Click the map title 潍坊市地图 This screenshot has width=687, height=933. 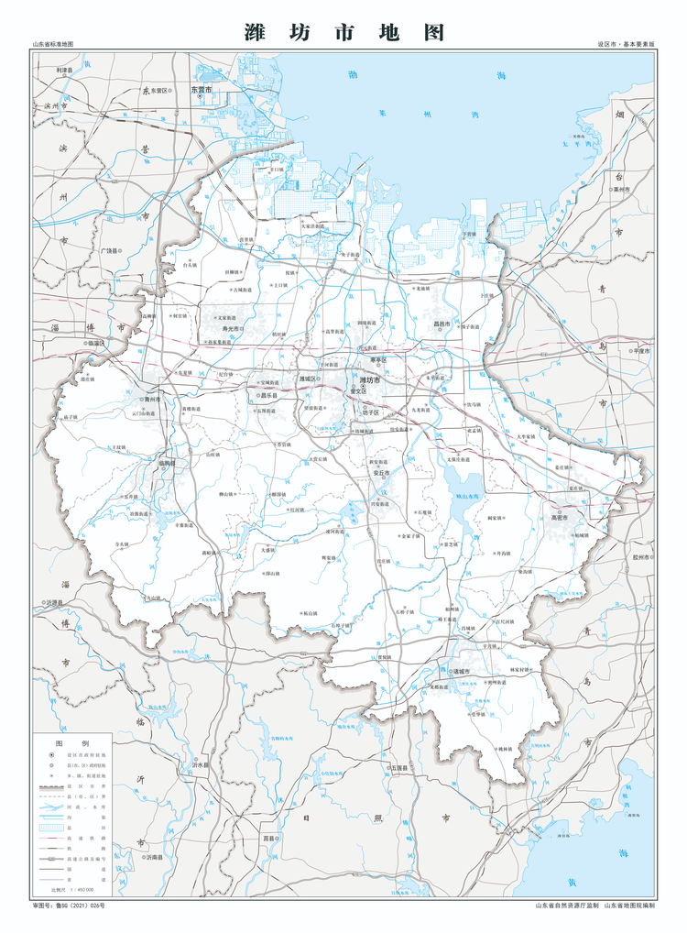(x=343, y=33)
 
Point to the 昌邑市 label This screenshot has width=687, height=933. (x=442, y=324)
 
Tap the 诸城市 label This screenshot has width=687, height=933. (x=459, y=671)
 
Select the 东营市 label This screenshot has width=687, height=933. (x=201, y=89)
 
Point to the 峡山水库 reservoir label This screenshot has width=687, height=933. (x=467, y=495)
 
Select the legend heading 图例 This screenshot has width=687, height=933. (x=72, y=743)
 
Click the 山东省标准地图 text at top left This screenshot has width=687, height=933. (x=52, y=44)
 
